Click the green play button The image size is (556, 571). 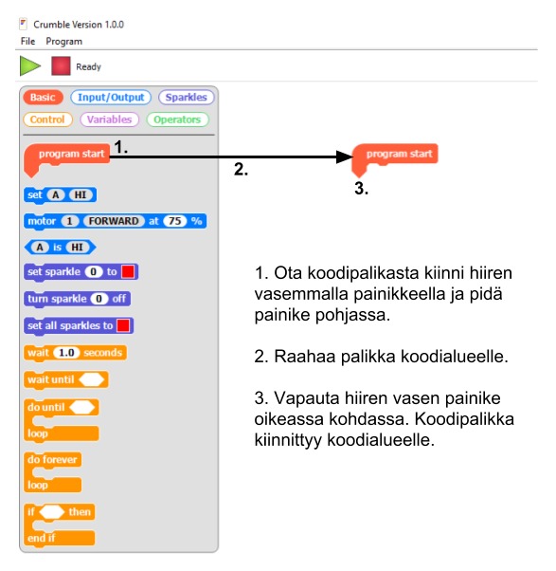point(29,65)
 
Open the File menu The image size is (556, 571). point(28,41)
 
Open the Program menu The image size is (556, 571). point(64,42)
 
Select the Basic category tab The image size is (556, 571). point(43,98)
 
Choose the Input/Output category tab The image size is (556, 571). point(111,98)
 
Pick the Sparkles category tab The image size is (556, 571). point(187,98)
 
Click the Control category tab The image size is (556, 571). point(47,120)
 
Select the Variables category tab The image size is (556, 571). point(109,120)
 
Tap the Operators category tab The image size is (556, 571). point(177,120)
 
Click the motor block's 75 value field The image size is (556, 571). point(175,221)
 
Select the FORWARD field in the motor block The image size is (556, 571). point(114,221)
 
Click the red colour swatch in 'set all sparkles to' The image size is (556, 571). point(123,325)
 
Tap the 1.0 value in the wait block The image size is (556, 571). point(66,353)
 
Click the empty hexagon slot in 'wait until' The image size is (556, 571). point(92,379)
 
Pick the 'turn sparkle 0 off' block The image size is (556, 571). point(77,299)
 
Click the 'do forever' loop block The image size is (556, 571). point(53,472)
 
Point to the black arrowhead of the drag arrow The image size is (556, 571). point(345,157)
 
